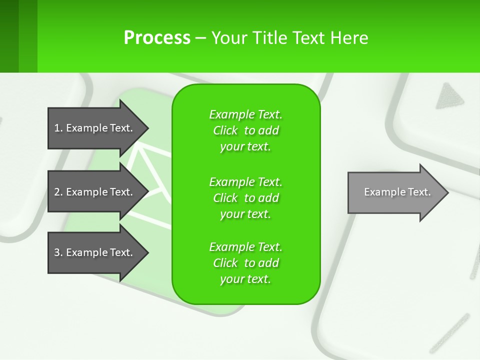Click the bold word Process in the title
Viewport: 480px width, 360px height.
(x=156, y=37)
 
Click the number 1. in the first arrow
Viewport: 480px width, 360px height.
(x=58, y=128)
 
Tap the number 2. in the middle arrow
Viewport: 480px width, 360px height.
(x=58, y=192)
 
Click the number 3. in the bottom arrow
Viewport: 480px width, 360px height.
(x=58, y=252)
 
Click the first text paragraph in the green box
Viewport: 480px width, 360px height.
(x=245, y=130)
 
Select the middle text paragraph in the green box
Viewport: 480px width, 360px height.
(x=245, y=198)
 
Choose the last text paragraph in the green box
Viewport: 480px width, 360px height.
(x=245, y=263)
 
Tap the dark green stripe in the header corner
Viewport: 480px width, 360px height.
(x=9, y=36)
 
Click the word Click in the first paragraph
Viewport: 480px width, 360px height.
(x=225, y=130)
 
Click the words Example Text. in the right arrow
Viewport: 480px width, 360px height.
(x=397, y=192)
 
